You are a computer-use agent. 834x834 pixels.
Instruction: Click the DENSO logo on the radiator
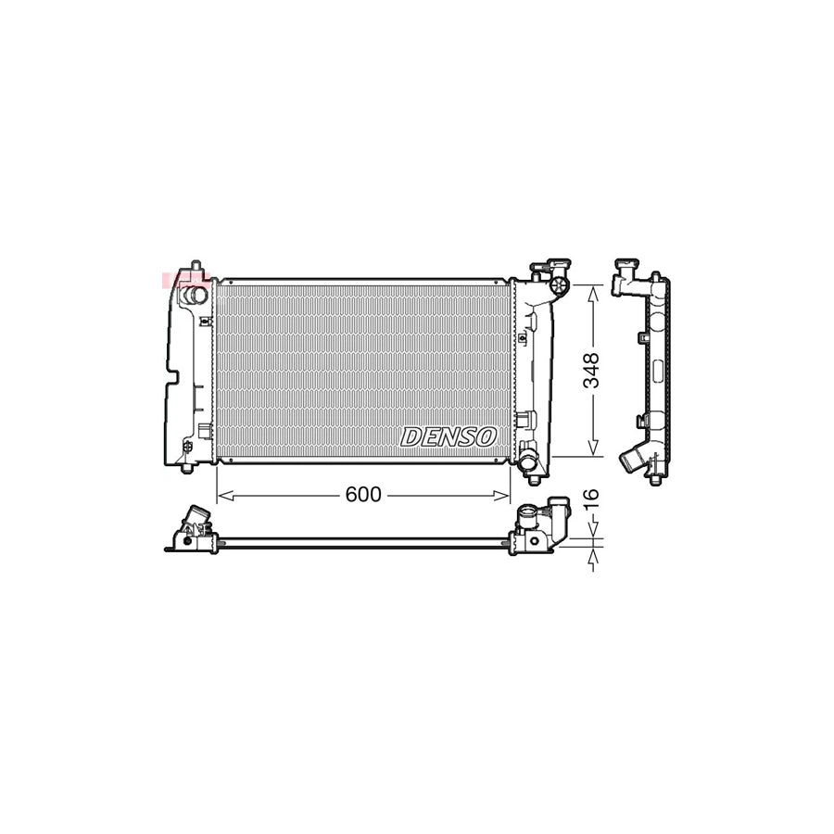point(449,436)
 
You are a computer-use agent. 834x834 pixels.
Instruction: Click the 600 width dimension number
point(362,496)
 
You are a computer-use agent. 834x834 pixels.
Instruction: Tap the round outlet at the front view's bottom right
point(527,461)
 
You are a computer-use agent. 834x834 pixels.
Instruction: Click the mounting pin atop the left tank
point(196,267)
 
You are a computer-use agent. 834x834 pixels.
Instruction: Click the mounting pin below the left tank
point(188,465)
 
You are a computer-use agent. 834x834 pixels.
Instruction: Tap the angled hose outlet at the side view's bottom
point(635,461)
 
